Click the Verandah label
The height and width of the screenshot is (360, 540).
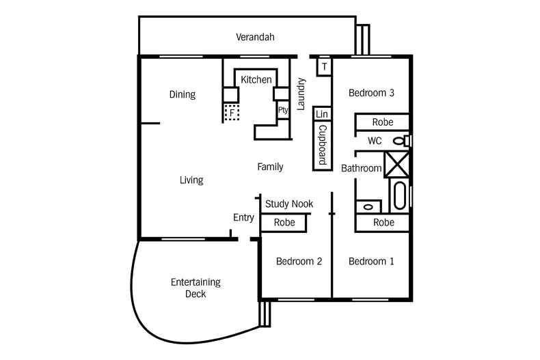(x=255, y=37)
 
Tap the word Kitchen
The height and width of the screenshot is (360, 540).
(x=256, y=80)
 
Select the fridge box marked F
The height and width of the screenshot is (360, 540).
(x=232, y=112)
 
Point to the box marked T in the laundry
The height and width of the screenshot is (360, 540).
(x=323, y=66)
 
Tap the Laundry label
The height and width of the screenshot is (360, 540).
(x=301, y=89)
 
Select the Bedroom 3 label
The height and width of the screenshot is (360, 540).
(x=371, y=93)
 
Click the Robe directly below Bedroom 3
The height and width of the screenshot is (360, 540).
(x=382, y=122)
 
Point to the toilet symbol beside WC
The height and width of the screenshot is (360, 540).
(x=403, y=141)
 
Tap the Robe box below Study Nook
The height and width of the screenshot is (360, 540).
(x=284, y=223)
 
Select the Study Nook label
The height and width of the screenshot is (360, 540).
(x=289, y=204)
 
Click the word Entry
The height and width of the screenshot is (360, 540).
(x=243, y=218)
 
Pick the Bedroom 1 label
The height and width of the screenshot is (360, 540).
(x=371, y=261)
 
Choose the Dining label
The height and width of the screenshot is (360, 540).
(x=183, y=95)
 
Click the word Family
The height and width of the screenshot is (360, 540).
(x=270, y=167)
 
